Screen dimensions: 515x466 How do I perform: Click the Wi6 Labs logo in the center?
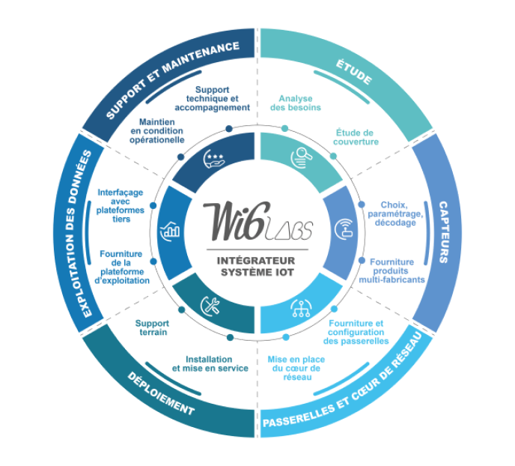(x=257, y=222)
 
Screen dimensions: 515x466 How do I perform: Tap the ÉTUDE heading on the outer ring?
(x=354, y=72)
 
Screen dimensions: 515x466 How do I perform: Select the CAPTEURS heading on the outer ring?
(x=443, y=232)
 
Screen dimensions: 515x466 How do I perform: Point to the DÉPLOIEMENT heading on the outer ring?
(x=161, y=393)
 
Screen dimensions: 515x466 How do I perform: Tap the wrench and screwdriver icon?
(x=211, y=306)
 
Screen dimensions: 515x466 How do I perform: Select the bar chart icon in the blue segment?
(x=170, y=230)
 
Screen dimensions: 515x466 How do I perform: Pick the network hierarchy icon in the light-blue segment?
(x=301, y=308)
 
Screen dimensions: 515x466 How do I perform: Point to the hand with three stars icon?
(x=214, y=159)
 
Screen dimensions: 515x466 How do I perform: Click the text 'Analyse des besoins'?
(x=295, y=103)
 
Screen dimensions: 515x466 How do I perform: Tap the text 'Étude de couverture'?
(x=356, y=137)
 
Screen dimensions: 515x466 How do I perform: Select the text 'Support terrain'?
(x=153, y=327)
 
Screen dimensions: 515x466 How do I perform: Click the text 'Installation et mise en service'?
(x=210, y=364)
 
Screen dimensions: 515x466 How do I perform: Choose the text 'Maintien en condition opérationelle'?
(x=157, y=131)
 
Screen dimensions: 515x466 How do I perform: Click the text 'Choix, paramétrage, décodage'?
(x=395, y=214)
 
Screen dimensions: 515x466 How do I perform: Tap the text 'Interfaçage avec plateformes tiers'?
(x=121, y=206)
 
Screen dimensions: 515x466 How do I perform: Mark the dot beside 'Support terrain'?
(x=182, y=309)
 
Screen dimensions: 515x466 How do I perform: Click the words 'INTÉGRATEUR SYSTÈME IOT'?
(x=256, y=267)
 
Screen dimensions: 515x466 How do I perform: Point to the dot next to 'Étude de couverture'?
(x=333, y=156)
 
